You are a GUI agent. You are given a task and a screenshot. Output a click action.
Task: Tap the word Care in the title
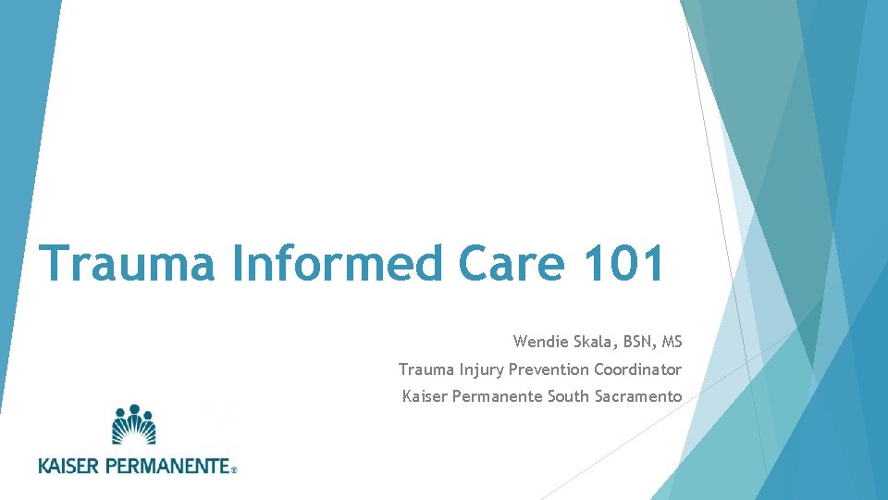pyautogui.click(x=511, y=264)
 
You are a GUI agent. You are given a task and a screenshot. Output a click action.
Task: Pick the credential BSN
pyautogui.click(x=638, y=342)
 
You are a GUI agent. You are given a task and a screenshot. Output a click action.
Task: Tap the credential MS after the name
pyautogui.click(x=672, y=342)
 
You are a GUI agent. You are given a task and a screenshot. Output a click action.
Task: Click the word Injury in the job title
pyautogui.click(x=481, y=369)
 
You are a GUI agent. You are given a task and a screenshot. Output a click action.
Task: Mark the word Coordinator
pyautogui.click(x=638, y=369)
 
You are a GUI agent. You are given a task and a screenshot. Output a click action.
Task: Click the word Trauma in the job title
pyautogui.click(x=425, y=369)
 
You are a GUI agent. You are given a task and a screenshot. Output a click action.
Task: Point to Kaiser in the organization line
pyautogui.click(x=424, y=397)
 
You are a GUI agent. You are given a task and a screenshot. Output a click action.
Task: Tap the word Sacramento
pyautogui.click(x=637, y=397)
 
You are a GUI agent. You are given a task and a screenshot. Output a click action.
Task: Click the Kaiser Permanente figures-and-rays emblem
pyautogui.click(x=134, y=425)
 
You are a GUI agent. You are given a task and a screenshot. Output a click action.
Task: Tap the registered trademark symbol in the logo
pyautogui.click(x=234, y=470)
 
